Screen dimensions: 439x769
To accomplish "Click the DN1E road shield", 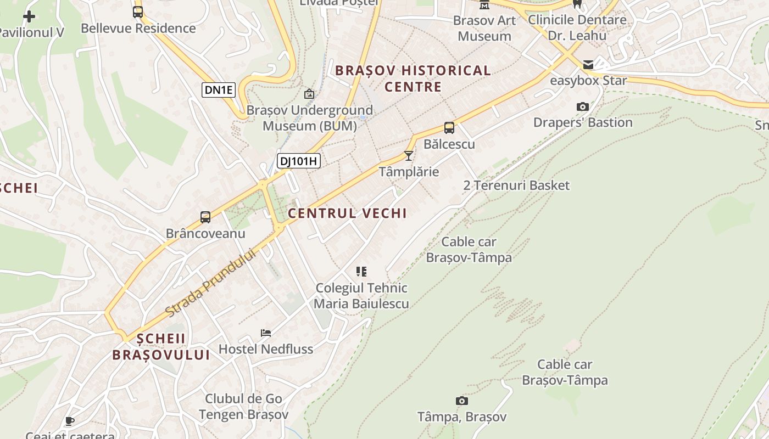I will [219, 90].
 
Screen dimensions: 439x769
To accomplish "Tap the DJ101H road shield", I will [298, 161].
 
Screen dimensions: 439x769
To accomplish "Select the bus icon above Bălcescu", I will [449, 128].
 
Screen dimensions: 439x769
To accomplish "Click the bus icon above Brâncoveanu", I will [205, 217].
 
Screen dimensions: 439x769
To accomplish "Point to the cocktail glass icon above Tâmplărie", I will [409, 156].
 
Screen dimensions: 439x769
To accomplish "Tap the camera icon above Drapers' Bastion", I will [583, 106].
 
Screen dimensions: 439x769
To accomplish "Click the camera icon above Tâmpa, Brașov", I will [462, 401].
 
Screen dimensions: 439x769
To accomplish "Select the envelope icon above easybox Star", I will [588, 65].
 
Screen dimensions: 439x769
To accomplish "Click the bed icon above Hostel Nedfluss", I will [266, 333].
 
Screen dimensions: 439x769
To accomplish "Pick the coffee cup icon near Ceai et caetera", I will [69, 421].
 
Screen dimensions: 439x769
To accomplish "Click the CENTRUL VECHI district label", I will [347, 213].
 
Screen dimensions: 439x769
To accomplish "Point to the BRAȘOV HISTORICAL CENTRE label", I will [413, 78].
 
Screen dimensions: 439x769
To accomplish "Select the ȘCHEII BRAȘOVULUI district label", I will [161, 347].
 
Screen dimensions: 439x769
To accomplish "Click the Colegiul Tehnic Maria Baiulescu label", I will [361, 296].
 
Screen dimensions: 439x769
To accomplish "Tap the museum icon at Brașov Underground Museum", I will [309, 94].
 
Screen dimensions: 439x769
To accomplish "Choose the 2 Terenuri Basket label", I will [516, 185].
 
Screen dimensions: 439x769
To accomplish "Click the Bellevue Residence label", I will [138, 28].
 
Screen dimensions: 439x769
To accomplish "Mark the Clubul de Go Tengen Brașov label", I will [243, 407].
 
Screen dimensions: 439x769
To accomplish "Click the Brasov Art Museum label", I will [484, 28].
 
